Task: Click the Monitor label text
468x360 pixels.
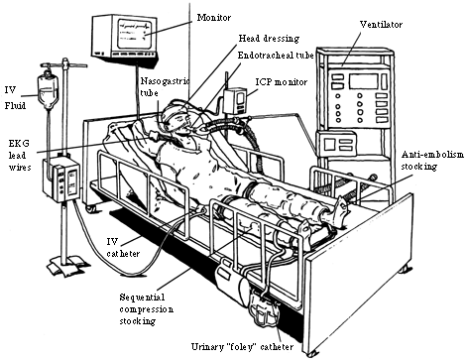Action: point(214,17)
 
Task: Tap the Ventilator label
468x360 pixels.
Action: point(381,25)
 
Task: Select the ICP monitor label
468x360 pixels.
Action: point(282,82)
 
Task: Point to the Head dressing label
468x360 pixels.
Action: point(269,39)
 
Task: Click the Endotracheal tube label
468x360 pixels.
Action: point(276,56)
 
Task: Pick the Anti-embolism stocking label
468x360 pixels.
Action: point(432,161)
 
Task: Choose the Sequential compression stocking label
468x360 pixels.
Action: point(146,309)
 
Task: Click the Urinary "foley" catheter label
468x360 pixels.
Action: point(242,347)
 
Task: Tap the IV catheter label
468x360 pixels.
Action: point(123,248)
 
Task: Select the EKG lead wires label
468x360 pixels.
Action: point(20,155)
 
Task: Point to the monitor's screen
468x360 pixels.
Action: point(136,34)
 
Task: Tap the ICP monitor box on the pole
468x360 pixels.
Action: point(235,101)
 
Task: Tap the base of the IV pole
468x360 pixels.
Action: point(67,264)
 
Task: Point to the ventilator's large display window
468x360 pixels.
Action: point(363,81)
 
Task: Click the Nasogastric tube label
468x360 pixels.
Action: point(165,86)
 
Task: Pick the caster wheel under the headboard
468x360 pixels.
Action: point(90,208)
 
